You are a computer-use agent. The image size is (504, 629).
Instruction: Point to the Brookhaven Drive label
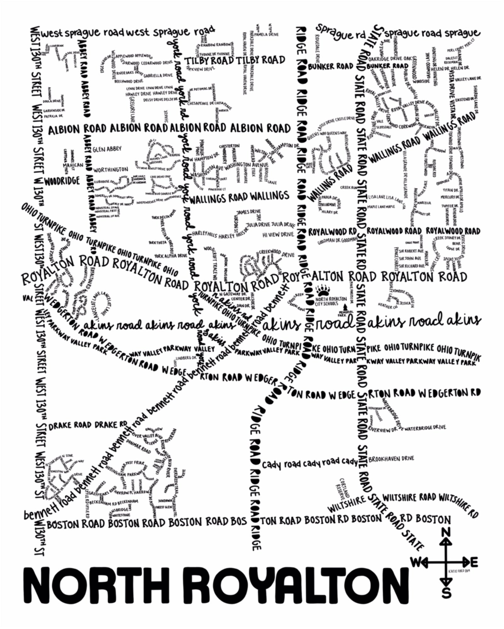(x=391, y=458)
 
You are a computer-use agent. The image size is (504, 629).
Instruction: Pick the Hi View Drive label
(x=278, y=234)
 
